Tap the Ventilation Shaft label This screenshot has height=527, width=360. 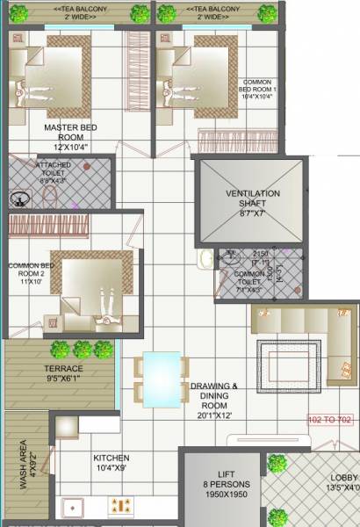point(252,199)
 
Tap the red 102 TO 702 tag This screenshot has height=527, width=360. point(331,421)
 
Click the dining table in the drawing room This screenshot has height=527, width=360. point(160,376)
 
